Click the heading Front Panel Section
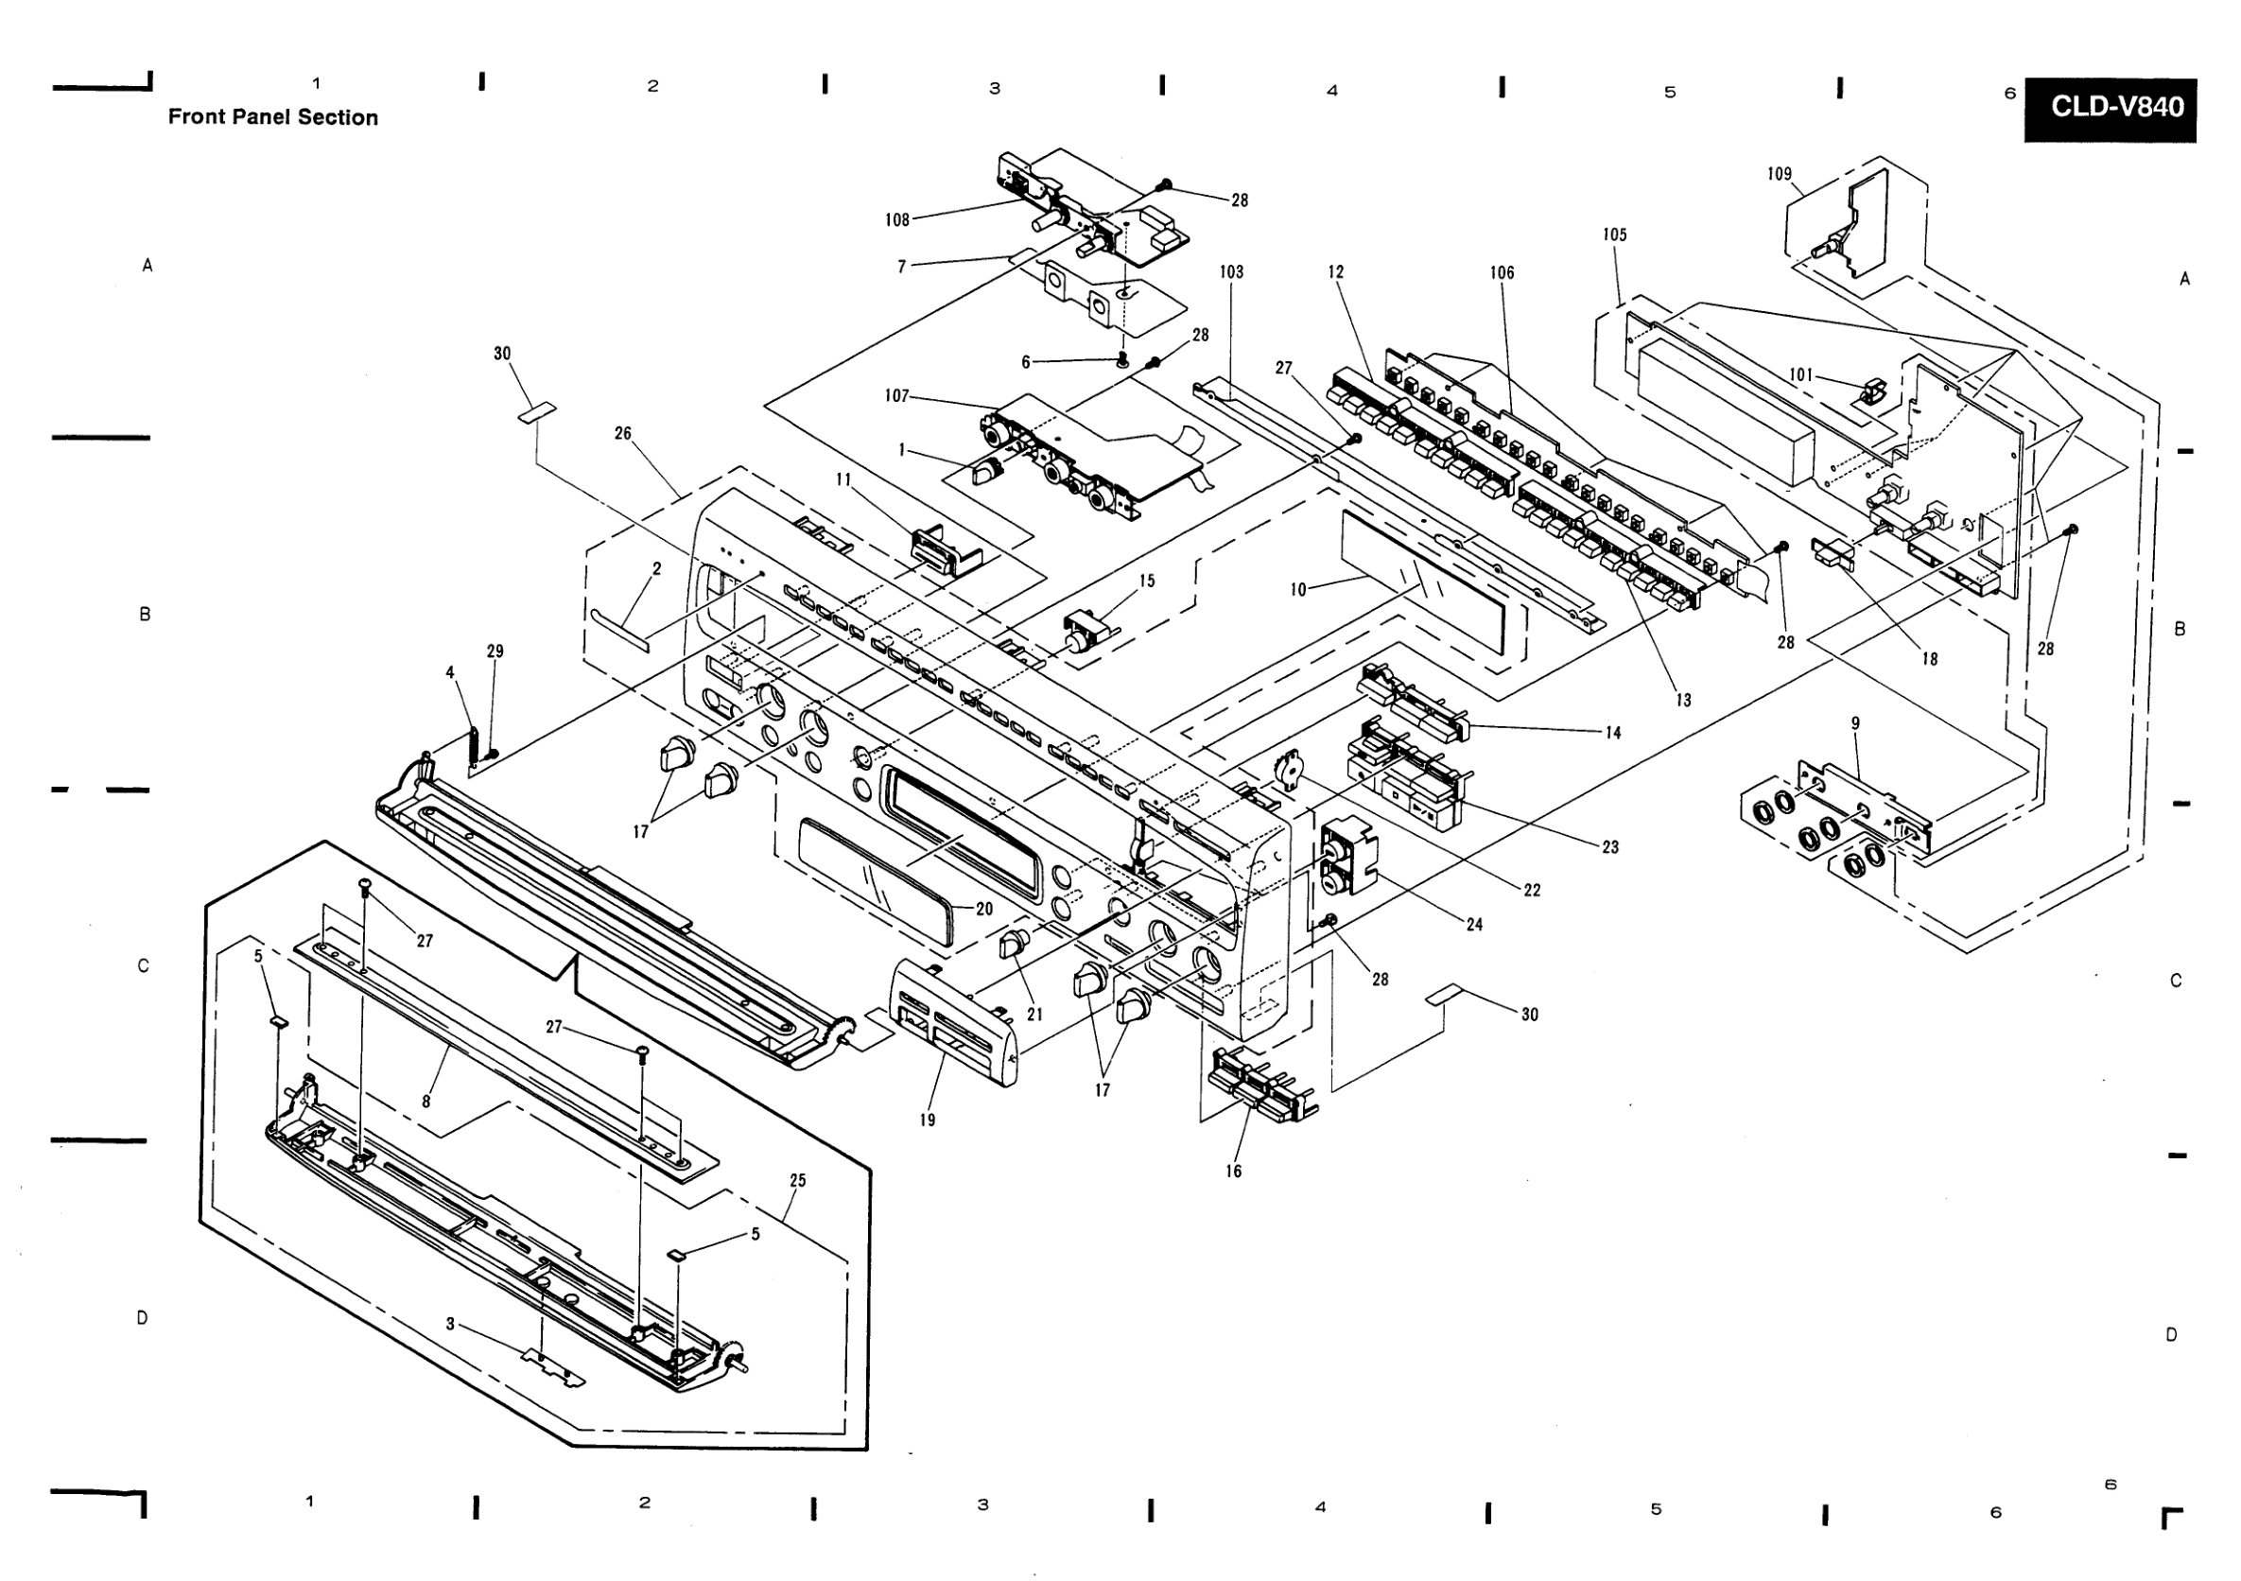click(x=273, y=117)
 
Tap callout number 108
click(x=897, y=219)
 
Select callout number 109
click(x=1780, y=174)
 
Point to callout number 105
click(x=1614, y=235)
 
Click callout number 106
click(x=1503, y=272)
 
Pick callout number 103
click(x=1232, y=271)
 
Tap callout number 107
click(x=897, y=395)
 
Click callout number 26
click(x=623, y=432)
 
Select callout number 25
click(x=797, y=1180)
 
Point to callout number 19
click(x=928, y=1120)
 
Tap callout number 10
click(x=1298, y=589)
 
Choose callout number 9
click(x=1855, y=723)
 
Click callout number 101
click(x=1800, y=374)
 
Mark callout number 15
click(x=1147, y=581)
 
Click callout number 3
click(x=450, y=1325)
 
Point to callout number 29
click(x=495, y=651)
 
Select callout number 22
click(x=1533, y=889)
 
